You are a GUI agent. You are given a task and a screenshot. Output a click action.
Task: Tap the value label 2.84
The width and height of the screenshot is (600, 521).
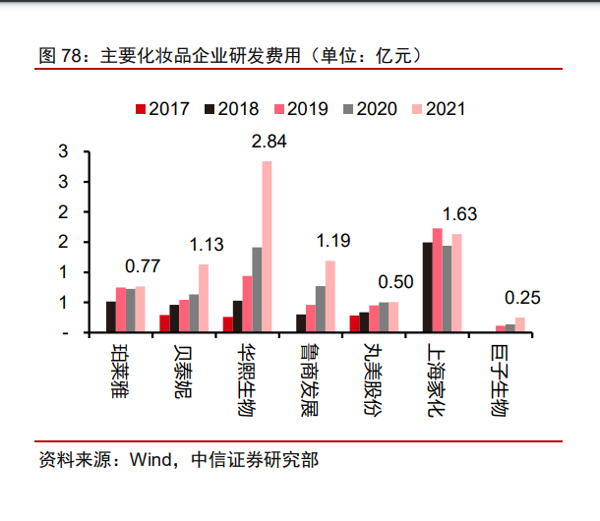click(269, 142)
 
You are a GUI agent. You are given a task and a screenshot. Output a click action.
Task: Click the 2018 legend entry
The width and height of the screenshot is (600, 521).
click(232, 108)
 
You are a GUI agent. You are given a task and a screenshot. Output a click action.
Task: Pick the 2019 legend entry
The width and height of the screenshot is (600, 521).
click(301, 108)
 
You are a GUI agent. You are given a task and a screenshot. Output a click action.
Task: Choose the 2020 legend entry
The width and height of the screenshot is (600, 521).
click(370, 108)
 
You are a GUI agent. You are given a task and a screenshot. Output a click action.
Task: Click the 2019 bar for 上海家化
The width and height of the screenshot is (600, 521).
click(437, 280)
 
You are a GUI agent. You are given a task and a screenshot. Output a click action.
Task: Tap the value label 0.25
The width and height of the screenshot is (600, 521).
click(521, 299)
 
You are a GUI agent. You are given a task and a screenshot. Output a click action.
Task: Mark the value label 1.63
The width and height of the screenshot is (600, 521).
click(459, 214)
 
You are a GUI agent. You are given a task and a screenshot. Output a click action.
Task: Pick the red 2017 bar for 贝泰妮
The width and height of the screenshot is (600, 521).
click(164, 324)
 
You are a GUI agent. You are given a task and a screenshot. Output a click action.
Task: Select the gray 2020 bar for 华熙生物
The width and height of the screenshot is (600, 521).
click(257, 290)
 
